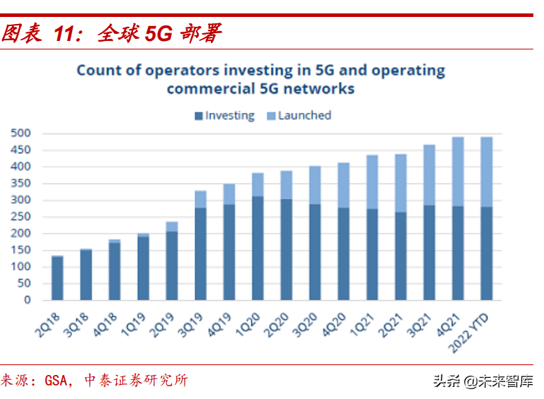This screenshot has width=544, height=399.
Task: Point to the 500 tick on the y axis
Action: [21, 133]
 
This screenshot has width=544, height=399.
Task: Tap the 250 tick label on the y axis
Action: [21, 217]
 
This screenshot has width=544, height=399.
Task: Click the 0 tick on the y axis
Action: [27, 300]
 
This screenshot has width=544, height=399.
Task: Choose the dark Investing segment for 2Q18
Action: [57, 278]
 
